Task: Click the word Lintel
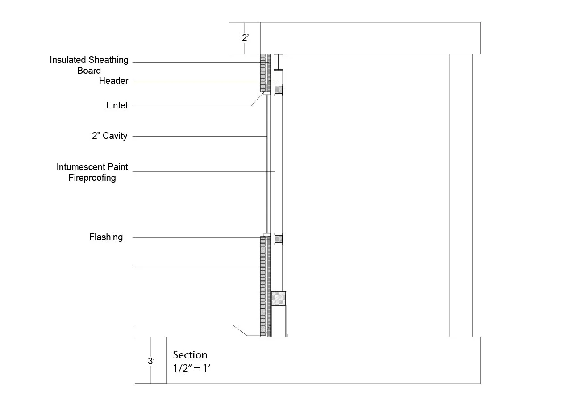point(117,106)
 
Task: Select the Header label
point(113,81)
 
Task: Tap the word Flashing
point(106,237)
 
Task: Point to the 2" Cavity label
point(109,136)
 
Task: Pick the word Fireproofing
point(92,178)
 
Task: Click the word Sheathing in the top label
point(108,60)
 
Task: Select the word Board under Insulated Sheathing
point(89,71)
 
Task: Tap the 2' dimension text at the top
point(245,38)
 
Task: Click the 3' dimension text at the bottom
point(151,361)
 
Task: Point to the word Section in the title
point(190,355)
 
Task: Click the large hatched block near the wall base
point(279,298)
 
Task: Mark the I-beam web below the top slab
point(279,61)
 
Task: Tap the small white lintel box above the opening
point(267,93)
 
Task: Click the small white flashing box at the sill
point(267,235)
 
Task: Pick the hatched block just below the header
point(279,90)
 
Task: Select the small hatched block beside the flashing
point(279,239)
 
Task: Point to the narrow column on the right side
point(461,195)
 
